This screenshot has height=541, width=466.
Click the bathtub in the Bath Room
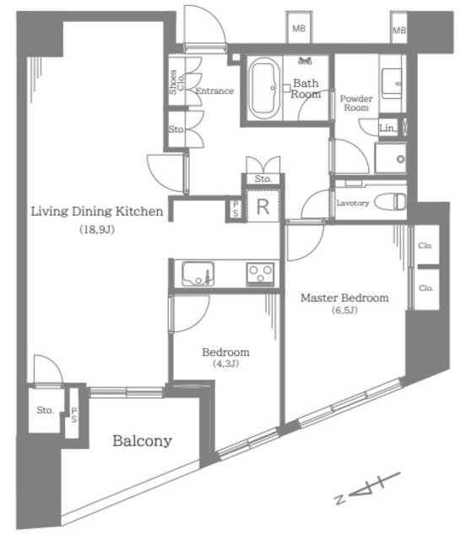tap(264, 89)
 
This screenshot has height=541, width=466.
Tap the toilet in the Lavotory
tap(391, 202)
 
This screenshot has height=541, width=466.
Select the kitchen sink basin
tap(198, 274)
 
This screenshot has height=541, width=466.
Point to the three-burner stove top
tap(260, 274)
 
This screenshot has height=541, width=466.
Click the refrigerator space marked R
tap(263, 206)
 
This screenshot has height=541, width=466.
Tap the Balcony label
tap(143, 441)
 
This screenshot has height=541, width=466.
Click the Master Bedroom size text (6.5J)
tap(344, 310)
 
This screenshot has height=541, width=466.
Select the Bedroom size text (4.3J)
tap(225, 363)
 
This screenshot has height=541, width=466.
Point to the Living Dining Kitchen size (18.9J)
tap(97, 229)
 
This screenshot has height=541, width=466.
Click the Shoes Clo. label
tap(176, 82)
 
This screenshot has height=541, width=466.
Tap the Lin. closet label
tap(387, 128)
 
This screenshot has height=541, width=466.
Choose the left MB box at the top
tap(299, 28)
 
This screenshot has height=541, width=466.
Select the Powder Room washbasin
tap(392, 84)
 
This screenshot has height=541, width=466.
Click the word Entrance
tap(214, 91)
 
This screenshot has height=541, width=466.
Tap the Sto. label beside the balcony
tap(45, 410)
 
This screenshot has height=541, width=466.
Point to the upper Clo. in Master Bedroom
tap(425, 245)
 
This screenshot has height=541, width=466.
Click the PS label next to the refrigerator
tap(236, 209)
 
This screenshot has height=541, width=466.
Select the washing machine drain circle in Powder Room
tap(400, 160)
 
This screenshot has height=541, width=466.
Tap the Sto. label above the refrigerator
tap(263, 178)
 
